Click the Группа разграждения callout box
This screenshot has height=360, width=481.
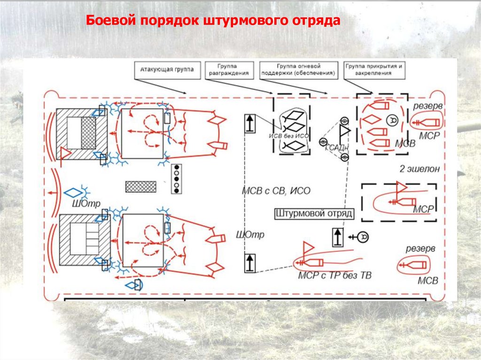pyautogui.click(x=229, y=70)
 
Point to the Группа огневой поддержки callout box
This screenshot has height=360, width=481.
pyautogui.click(x=299, y=70)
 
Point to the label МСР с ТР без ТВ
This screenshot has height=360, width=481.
pyautogui.click(x=334, y=276)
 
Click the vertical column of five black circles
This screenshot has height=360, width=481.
pyautogui.click(x=177, y=179)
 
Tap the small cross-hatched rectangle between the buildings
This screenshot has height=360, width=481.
pyautogui.click(x=140, y=186)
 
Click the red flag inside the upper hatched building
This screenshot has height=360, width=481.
pyautogui.click(x=65, y=153)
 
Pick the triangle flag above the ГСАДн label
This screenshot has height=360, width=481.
pyautogui.click(x=345, y=130)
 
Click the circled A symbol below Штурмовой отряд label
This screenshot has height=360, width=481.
pyautogui.click(x=362, y=237)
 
